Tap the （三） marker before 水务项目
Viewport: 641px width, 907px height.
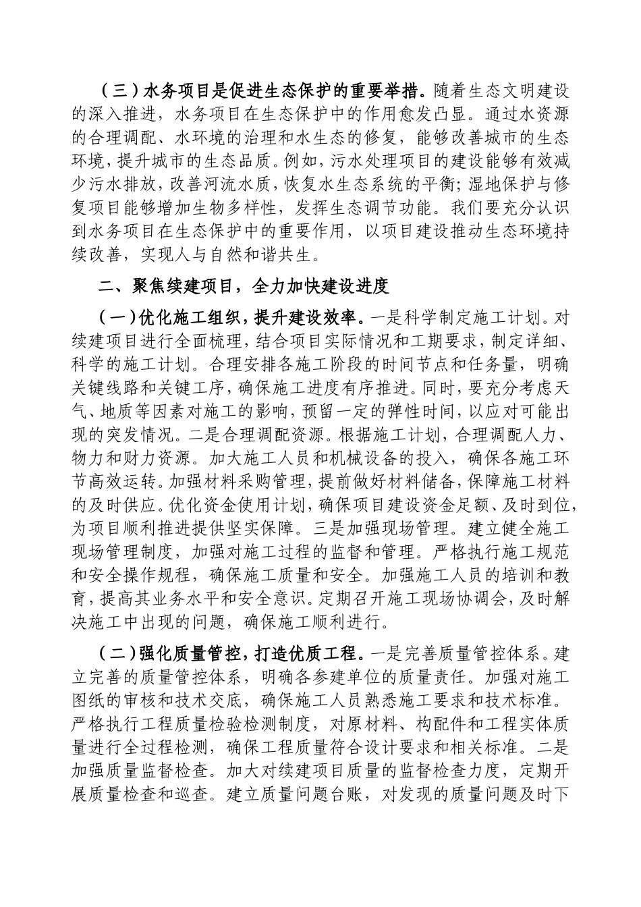pos(116,90)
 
